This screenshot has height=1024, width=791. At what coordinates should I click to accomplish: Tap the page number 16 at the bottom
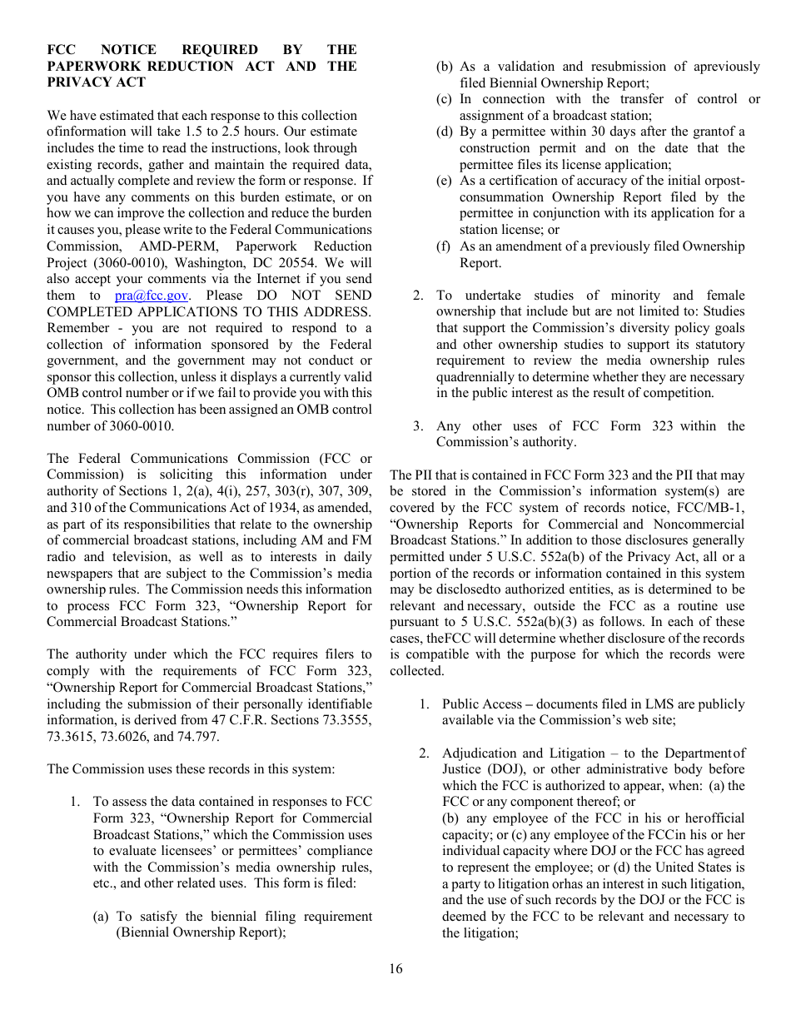point(395,968)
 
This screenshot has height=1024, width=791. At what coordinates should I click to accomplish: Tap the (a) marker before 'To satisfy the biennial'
point(101,917)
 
